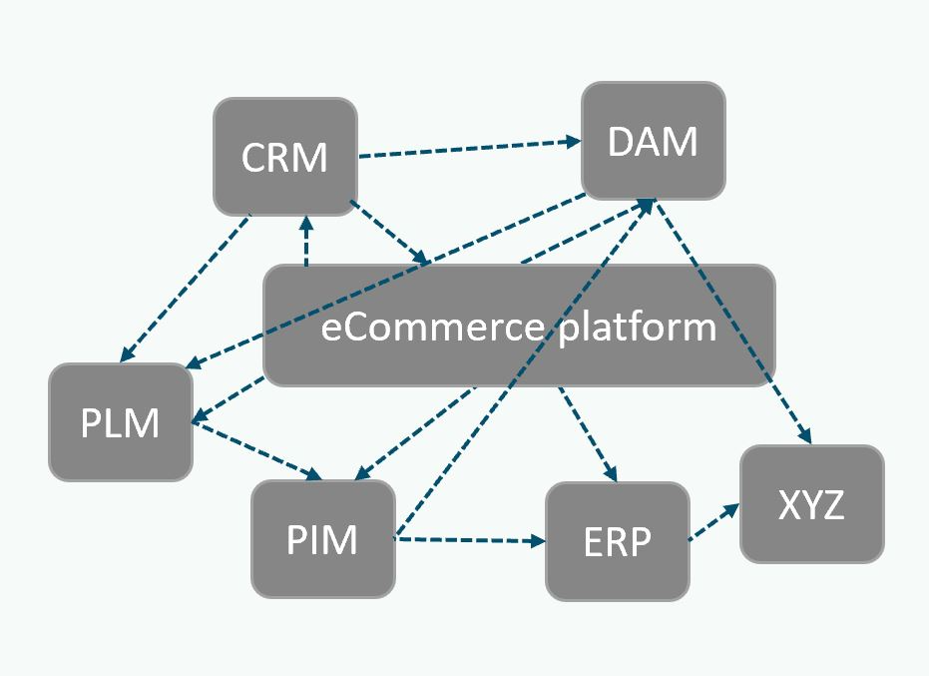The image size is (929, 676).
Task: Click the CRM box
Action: point(285,156)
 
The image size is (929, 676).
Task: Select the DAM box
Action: point(653,141)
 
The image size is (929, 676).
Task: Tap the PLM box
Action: point(121,422)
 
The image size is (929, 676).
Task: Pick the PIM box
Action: point(322,539)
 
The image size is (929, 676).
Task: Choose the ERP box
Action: point(617,541)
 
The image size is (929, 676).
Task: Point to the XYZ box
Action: point(811,504)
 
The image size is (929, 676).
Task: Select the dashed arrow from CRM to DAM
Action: point(469,149)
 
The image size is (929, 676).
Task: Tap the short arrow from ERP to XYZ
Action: point(713,522)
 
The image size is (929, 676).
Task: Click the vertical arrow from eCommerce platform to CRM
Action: point(305,242)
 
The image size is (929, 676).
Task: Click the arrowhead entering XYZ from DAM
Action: point(806,436)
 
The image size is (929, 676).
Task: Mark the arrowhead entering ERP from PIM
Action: point(538,542)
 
